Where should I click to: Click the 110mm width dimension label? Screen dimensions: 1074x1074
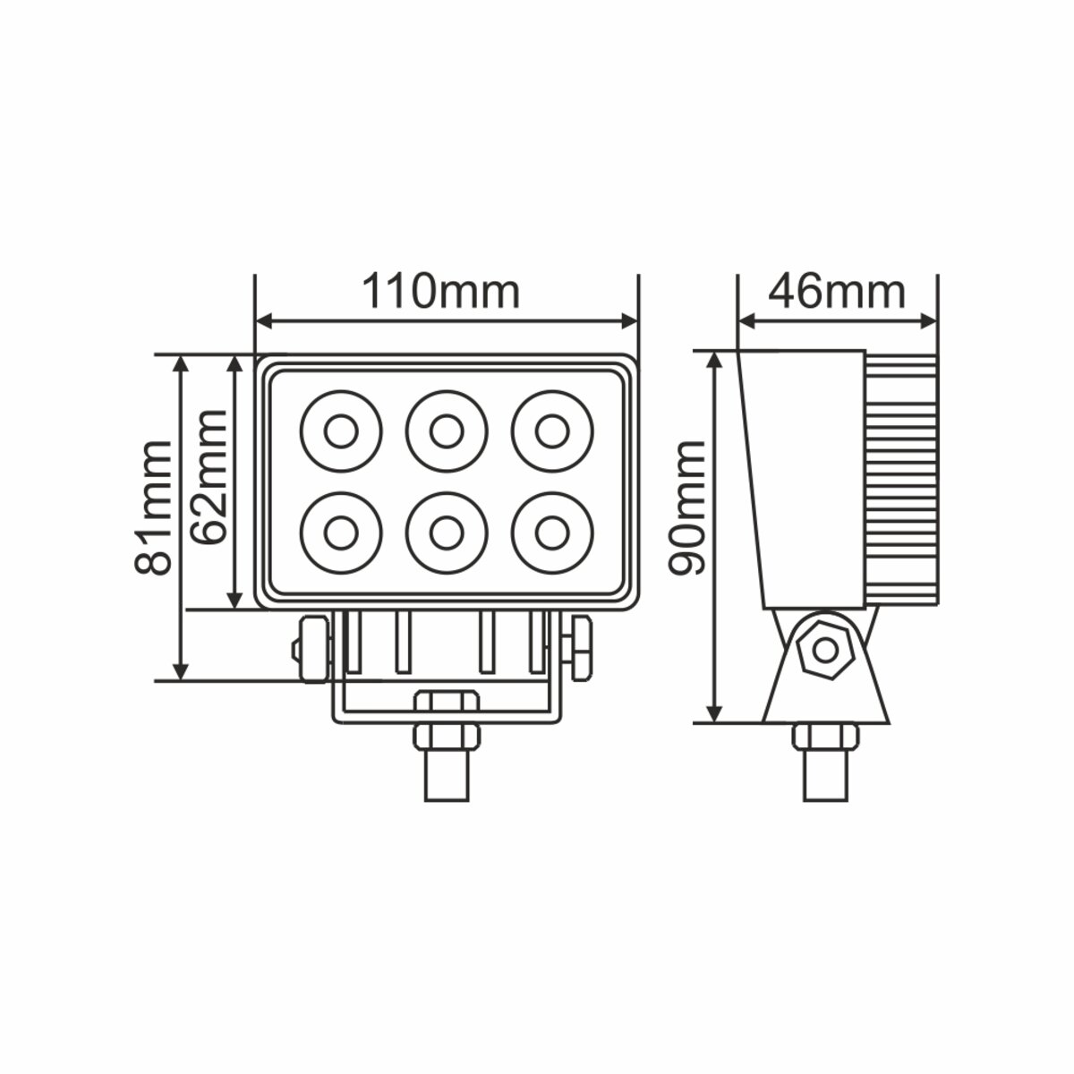440,292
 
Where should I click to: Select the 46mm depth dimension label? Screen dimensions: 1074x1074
837,292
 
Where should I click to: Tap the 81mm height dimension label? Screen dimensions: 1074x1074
153,507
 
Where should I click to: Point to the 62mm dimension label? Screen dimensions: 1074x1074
209,477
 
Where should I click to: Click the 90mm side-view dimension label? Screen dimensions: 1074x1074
687,507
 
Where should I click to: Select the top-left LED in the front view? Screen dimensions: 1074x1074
341,431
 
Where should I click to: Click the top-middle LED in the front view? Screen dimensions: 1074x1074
447,431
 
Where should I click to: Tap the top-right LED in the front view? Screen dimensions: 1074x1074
552,431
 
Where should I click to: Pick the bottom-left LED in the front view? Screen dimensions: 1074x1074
341,533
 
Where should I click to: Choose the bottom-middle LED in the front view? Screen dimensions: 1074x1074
447,533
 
